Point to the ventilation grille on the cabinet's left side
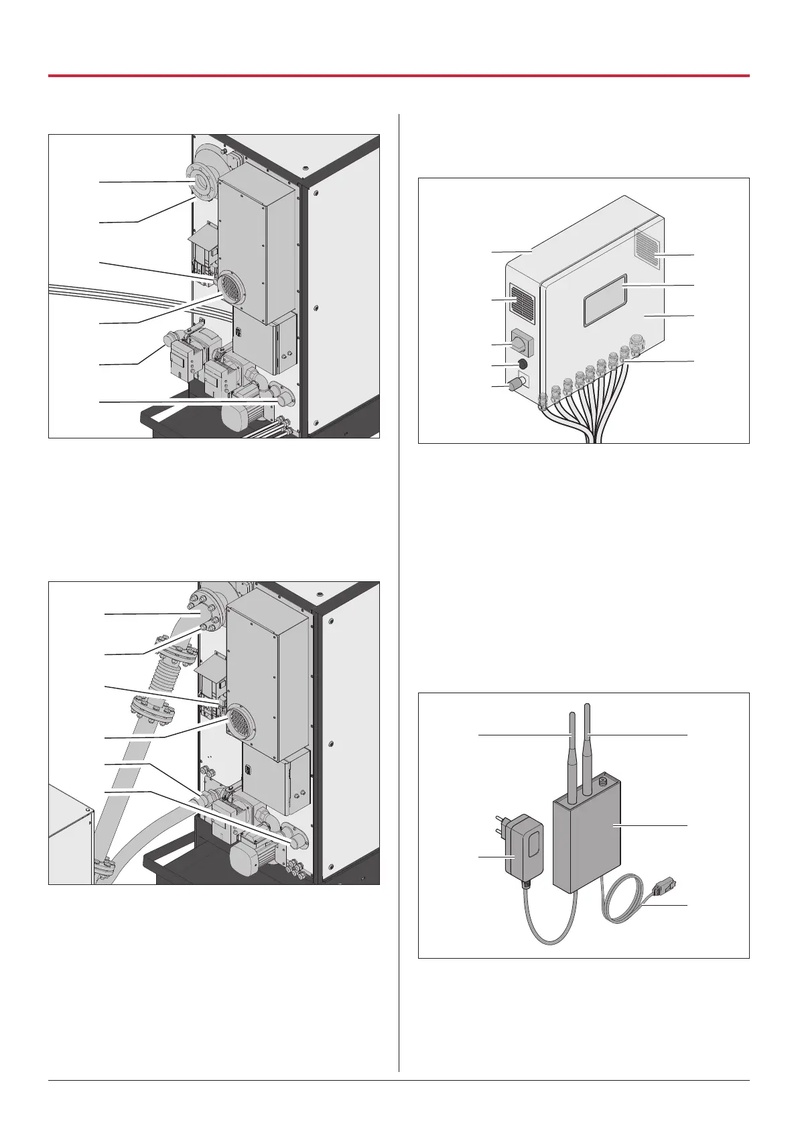[x=521, y=300]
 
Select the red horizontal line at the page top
[x=399, y=76]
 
